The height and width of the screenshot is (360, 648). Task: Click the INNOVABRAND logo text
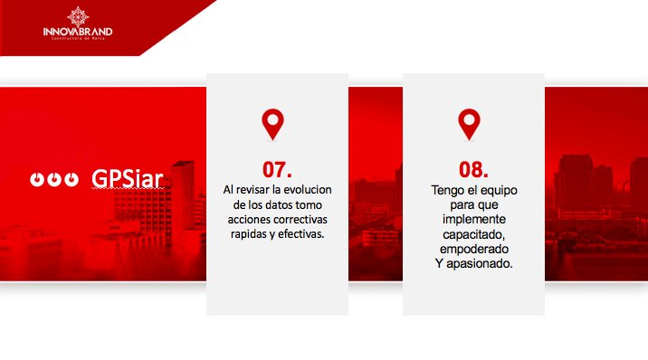tap(78, 32)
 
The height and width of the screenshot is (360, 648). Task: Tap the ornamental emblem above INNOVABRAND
tap(78, 15)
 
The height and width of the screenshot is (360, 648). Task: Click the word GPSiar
tap(128, 178)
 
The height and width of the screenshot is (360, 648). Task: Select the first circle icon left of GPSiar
tap(37, 179)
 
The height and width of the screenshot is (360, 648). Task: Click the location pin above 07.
tap(272, 125)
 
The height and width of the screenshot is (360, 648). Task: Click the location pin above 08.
tap(469, 125)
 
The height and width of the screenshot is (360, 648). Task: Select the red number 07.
tap(277, 169)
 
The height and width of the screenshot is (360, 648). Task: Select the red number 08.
tap(473, 169)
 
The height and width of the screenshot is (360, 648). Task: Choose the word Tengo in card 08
tap(446, 190)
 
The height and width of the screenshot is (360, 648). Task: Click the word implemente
tap(473, 220)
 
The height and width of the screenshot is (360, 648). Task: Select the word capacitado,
tap(473, 234)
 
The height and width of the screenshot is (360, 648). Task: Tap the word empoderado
tap(473, 249)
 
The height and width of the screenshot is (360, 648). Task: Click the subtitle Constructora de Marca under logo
tap(78, 41)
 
